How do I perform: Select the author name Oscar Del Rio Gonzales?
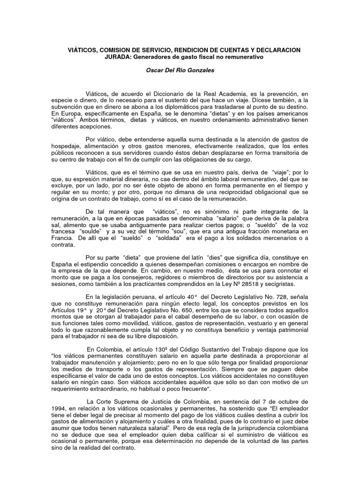tap(180, 70)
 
